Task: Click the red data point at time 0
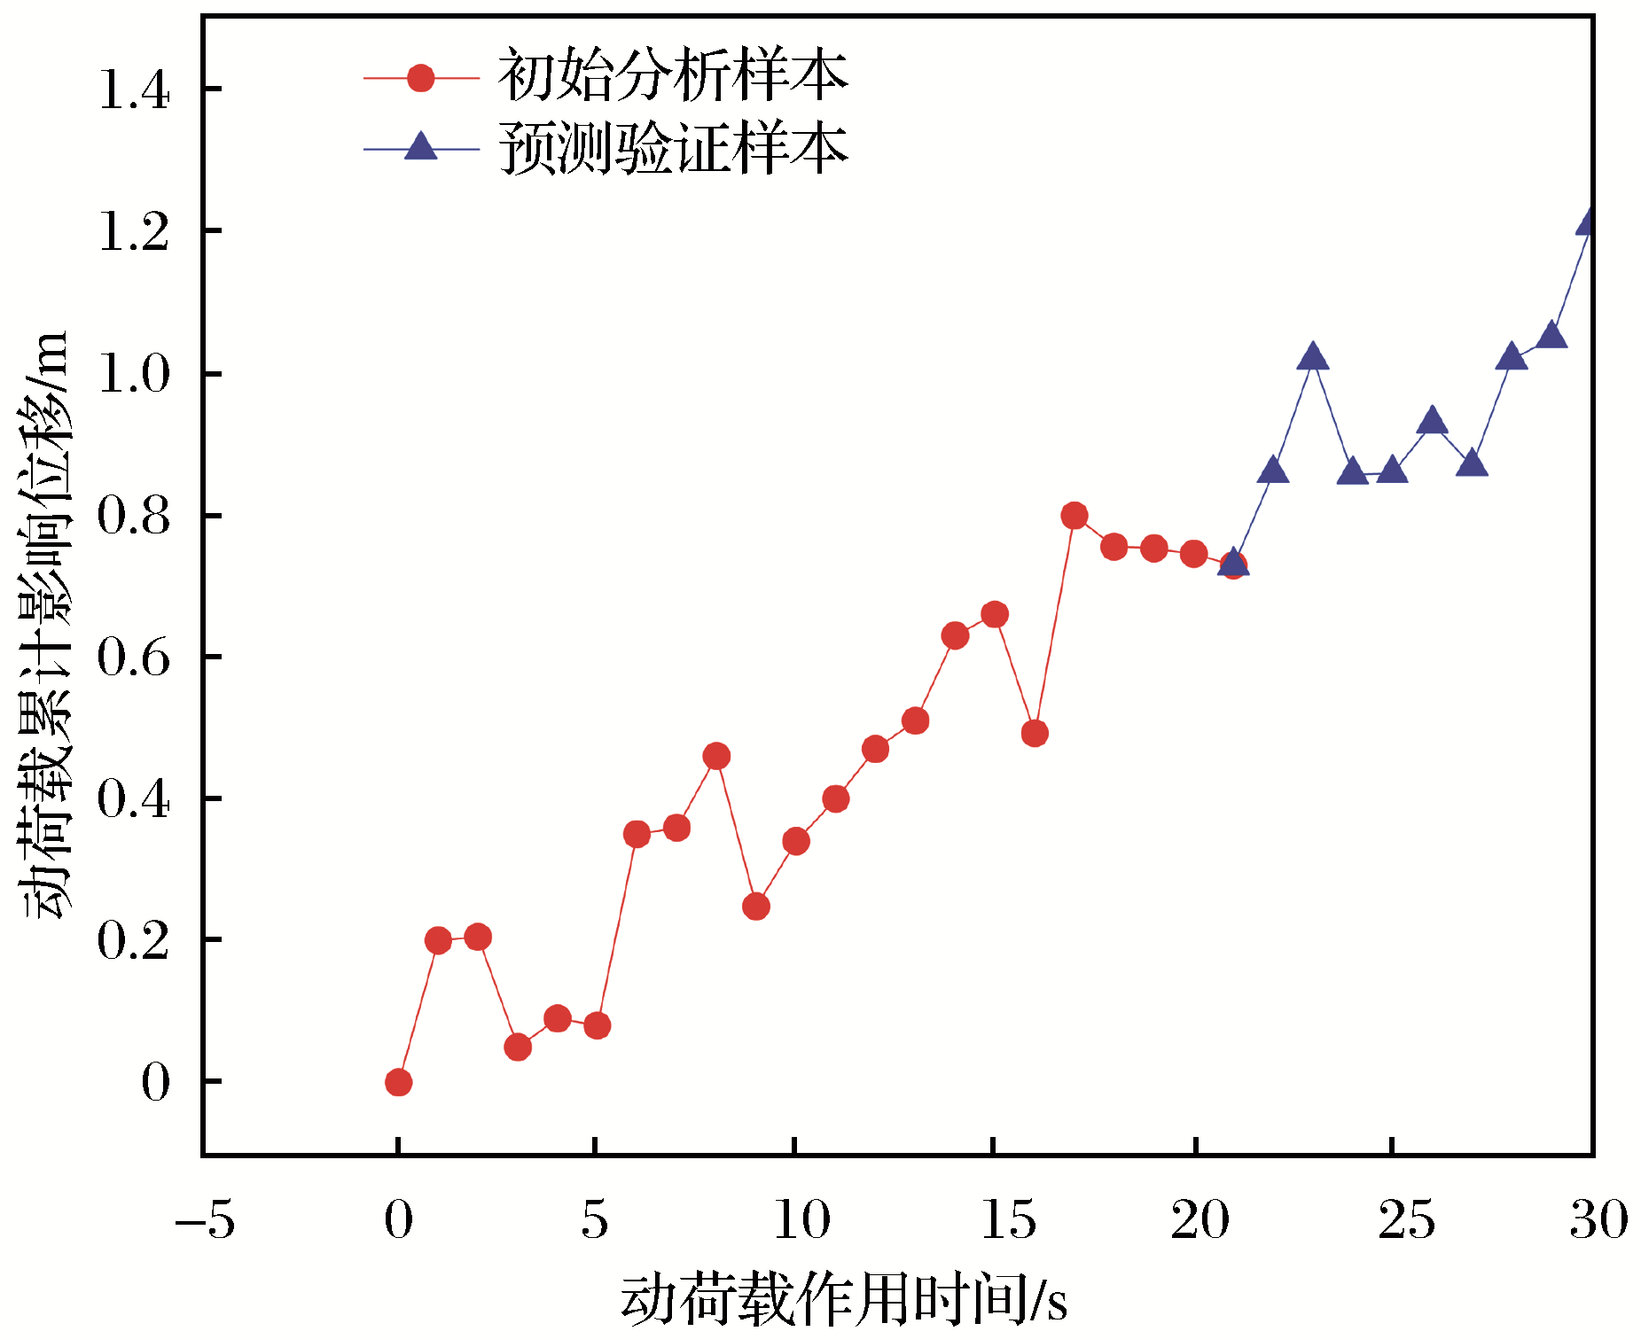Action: (398, 1082)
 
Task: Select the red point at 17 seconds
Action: (1074, 516)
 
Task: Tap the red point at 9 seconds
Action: (756, 907)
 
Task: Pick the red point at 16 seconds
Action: (1035, 733)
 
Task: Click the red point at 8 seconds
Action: (716, 756)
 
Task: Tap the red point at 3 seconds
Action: (518, 1047)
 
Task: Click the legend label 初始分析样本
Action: (673, 77)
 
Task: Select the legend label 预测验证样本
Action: (673, 148)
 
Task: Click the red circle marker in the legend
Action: (420, 78)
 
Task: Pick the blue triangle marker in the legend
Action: (420, 147)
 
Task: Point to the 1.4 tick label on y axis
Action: (134, 90)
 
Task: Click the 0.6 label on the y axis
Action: (134, 658)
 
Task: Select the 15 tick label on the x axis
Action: (1008, 1220)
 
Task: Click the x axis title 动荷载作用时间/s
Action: (843, 1300)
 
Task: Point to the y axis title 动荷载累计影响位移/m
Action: (44, 625)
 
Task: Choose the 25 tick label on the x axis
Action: (1406, 1220)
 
